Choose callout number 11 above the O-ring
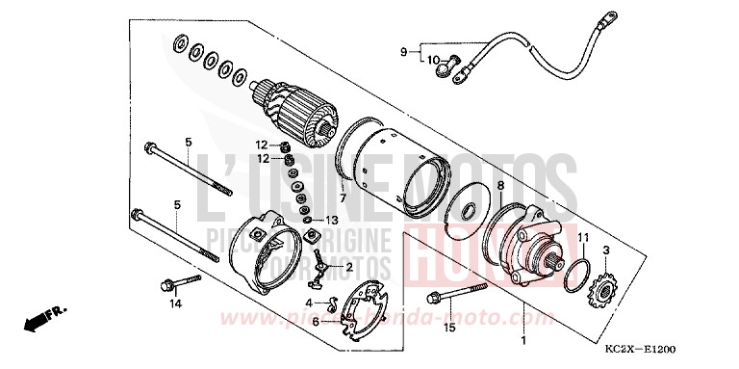582,237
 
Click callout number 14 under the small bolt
175,304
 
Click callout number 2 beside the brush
349,265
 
